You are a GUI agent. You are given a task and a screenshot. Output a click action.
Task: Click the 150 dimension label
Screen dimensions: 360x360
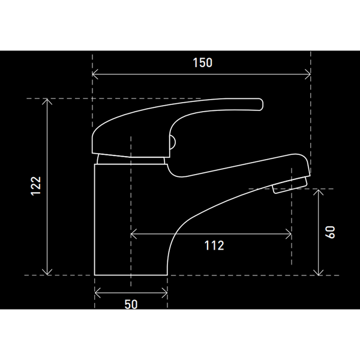[203, 62]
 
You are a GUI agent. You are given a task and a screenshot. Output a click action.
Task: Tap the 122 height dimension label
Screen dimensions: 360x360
[36, 186]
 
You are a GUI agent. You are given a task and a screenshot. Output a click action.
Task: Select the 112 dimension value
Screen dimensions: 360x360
[214, 245]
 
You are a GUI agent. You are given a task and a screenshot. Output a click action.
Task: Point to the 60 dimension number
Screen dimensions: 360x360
[330, 232]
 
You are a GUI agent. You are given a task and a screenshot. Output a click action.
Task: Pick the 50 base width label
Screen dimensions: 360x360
[131, 304]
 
